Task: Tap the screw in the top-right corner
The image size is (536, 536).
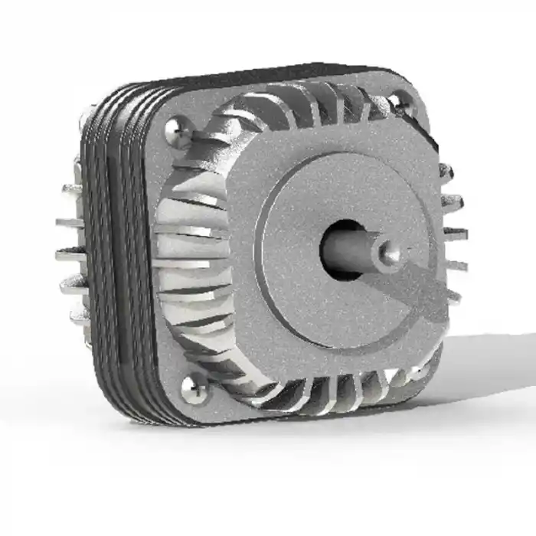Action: pos(399,103)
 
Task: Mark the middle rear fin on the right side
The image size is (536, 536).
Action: pos(455,234)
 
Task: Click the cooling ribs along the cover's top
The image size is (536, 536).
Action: pos(306,107)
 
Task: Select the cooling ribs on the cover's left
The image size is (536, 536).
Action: pos(188,253)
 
